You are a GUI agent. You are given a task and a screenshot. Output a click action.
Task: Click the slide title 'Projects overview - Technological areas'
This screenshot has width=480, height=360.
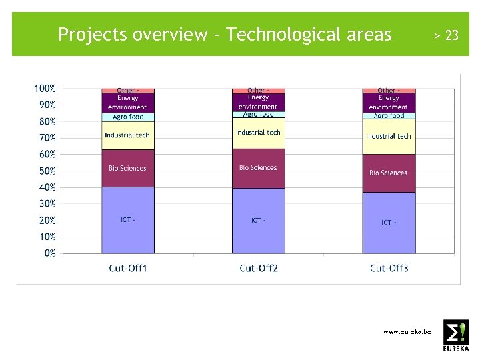[x=225, y=35]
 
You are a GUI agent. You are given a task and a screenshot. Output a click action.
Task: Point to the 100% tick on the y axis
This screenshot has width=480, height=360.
[x=45, y=89]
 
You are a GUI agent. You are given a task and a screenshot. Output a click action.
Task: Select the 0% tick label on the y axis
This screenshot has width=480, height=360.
[x=50, y=253]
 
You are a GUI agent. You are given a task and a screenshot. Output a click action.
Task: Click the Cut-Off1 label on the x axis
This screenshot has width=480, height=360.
[x=128, y=269]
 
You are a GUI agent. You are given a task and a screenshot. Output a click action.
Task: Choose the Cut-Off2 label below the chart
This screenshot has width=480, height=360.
[x=259, y=269]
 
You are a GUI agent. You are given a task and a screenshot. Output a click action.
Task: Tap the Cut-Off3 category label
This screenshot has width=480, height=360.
[x=389, y=269]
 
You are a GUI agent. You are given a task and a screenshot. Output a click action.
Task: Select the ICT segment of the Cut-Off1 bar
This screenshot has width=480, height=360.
[x=128, y=220]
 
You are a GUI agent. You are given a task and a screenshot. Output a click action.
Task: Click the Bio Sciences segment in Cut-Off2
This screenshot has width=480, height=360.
[x=258, y=168]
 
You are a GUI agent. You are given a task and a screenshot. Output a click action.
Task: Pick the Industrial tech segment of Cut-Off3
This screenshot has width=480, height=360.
[x=389, y=136]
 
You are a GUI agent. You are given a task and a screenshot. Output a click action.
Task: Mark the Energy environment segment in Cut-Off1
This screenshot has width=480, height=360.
[x=128, y=103]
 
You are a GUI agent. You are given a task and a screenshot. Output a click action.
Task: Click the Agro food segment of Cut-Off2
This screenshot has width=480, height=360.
[x=258, y=115]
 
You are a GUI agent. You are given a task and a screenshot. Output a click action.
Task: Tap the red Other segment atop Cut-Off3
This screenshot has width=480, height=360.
[x=389, y=90]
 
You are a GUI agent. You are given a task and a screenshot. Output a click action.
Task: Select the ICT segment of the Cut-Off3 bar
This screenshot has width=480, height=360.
[x=389, y=223]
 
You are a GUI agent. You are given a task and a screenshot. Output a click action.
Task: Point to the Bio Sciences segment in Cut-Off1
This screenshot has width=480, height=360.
[x=128, y=169]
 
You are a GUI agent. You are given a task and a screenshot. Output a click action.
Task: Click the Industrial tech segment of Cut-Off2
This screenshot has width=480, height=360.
[x=258, y=133]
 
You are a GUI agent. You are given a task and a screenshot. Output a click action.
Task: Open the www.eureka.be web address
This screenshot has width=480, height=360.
[x=407, y=331]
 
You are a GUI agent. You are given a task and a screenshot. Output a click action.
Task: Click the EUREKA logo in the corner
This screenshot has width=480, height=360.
[x=456, y=335]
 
